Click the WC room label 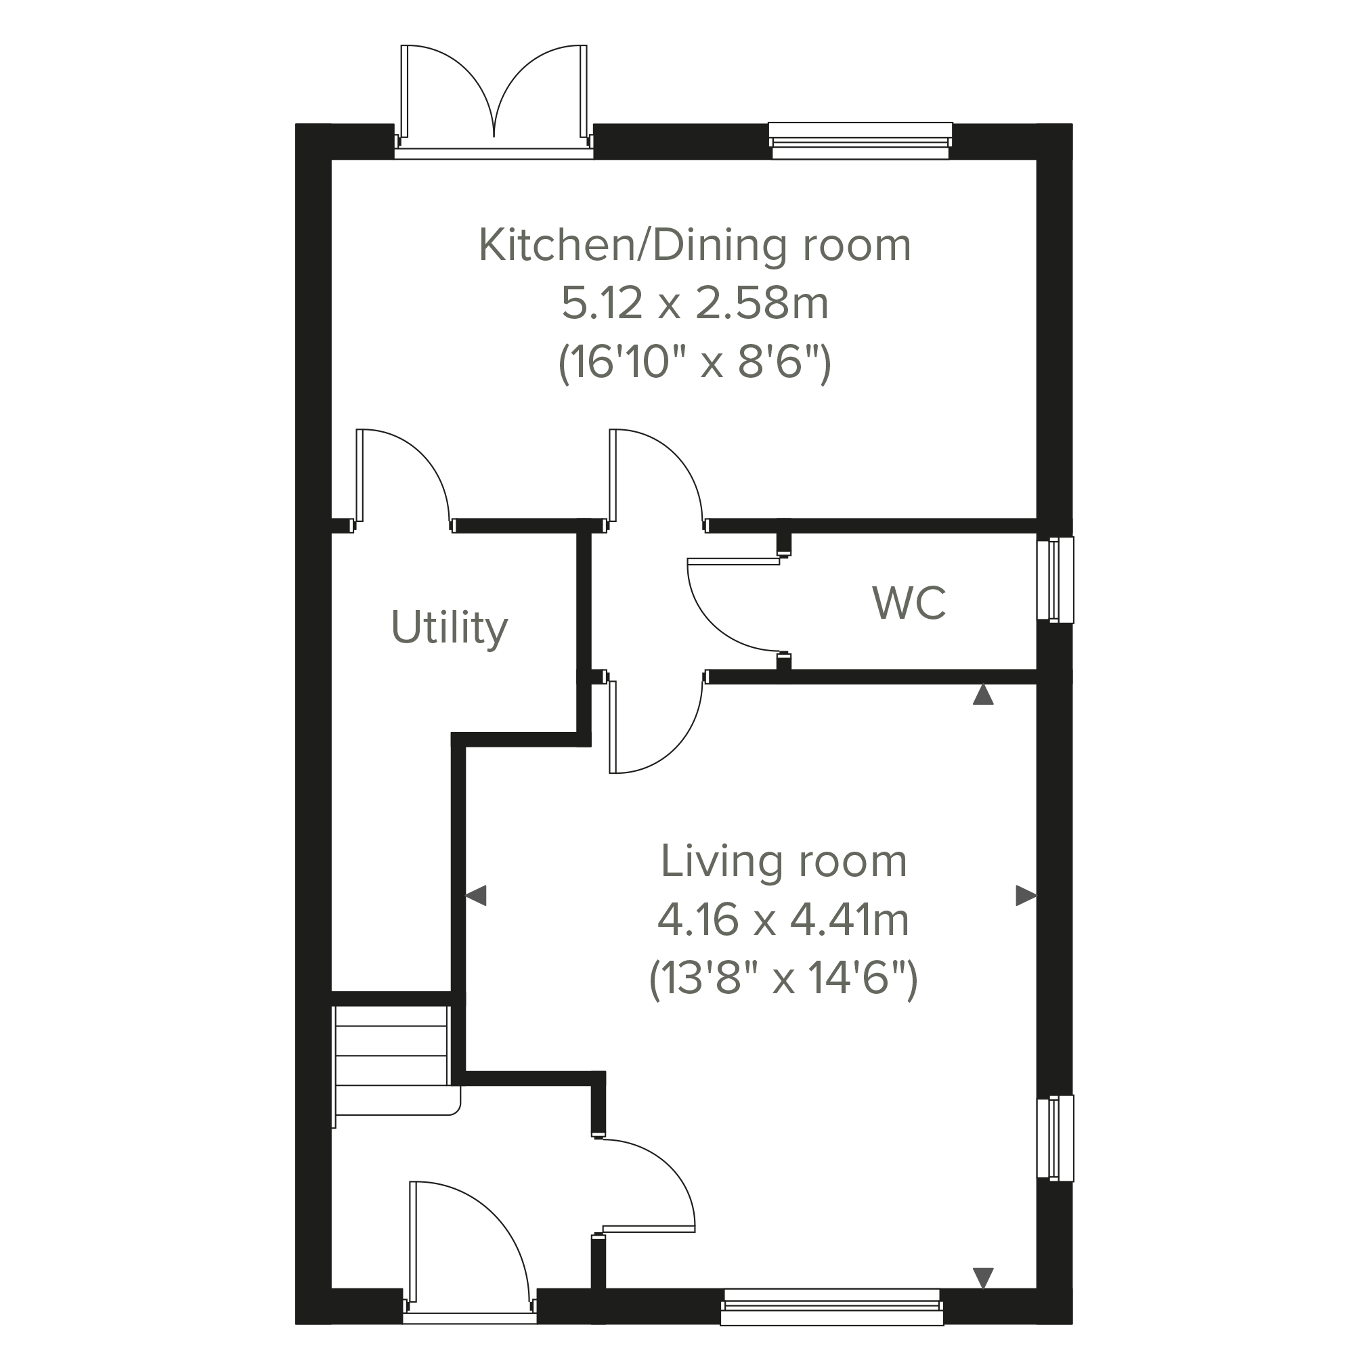909,603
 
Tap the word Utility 449,628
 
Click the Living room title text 783,861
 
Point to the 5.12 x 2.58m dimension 695,304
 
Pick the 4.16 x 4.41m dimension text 783,919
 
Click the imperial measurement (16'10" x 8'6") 695,363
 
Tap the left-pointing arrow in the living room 475,896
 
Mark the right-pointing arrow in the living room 1026,896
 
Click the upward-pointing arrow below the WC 983,695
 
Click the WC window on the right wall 1056,580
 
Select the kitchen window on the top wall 860,141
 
